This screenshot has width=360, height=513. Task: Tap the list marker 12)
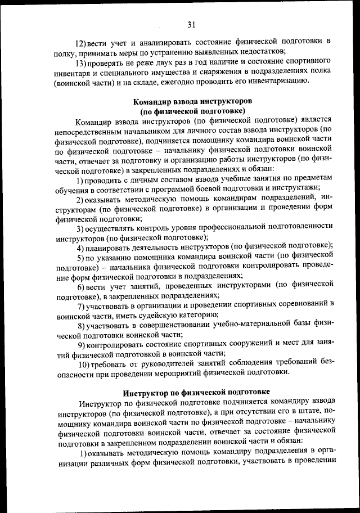pos(81,43)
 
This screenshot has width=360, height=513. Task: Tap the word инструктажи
pos(295,187)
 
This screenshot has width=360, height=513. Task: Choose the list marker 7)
pos(82,305)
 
